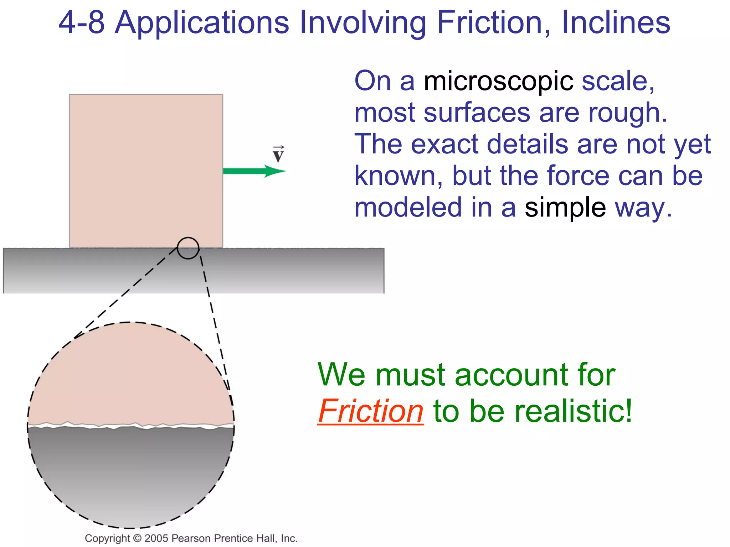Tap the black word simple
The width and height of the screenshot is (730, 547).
point(565,208)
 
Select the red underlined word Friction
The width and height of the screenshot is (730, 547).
point(370,411)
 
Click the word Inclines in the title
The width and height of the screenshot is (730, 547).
point(616,23)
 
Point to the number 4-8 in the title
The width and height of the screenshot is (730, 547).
point(81,23)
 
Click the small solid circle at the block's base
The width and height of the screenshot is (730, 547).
point(188,248)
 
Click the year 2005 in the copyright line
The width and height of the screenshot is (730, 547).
point(156,538)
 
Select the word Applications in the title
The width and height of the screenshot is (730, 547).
point(202,23)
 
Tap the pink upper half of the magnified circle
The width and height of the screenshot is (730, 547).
point(130,374)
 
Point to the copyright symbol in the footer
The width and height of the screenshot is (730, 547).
point(137,538)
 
